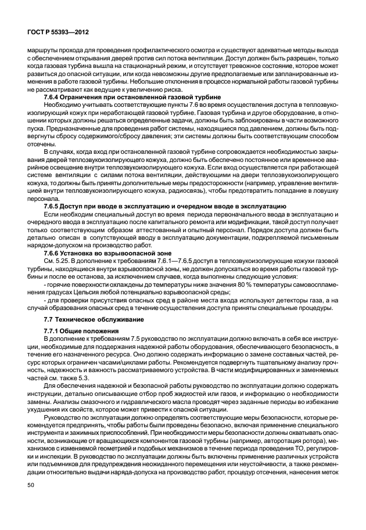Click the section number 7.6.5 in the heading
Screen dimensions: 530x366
[54, 206]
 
